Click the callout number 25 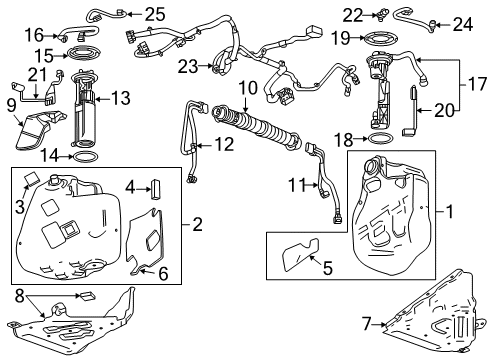tap(154, 13)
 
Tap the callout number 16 tap(33, 34)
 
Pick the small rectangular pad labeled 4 tap(157, 187)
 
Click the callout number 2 tap(197, 224)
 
